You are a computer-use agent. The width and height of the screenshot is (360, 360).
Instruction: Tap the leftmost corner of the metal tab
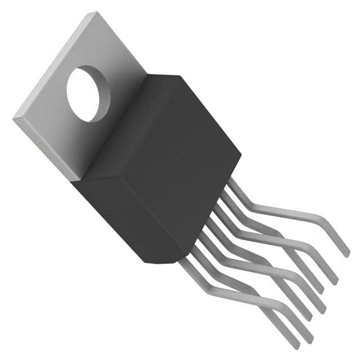coord(13,118)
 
